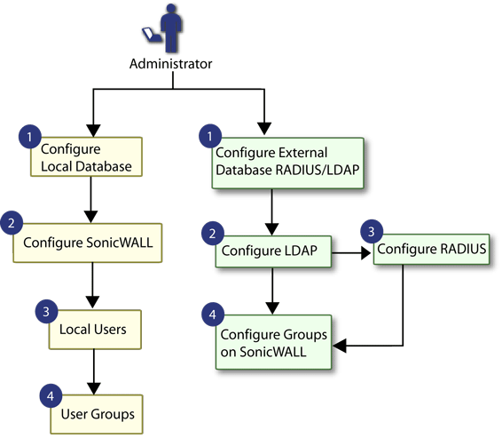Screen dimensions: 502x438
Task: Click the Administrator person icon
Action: [x=171, y=28]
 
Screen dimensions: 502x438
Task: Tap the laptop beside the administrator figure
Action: [x=151, y=35]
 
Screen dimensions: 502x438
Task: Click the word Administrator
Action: [x=170, y=64]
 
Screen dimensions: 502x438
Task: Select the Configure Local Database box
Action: [x=86, y=156]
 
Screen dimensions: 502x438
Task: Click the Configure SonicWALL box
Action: [x=88, y=243]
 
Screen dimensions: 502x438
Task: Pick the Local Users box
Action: [x=95, y=330]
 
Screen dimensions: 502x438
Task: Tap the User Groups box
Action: [x=97, y=414]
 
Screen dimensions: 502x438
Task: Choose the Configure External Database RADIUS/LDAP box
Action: [x=288, y=163]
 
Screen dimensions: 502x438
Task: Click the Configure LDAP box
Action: [x=273, y=251]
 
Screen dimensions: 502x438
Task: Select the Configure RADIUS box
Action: [x=432, y=249]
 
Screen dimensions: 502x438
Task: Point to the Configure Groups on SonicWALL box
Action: [x=274, y=342]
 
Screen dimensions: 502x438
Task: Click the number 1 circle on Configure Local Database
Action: [x=30, y=137]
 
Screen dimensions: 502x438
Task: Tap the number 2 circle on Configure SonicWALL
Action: [x=12, y=222]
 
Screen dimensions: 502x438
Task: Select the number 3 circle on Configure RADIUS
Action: [x=372, y=231]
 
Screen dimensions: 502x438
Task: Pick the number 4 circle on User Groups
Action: [x=51, y=396]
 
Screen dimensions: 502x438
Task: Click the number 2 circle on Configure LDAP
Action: [x=213, y=234]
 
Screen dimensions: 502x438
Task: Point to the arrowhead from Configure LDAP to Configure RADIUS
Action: [x=366, y=253]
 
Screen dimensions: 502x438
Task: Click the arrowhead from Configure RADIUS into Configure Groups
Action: [x=340, y=346]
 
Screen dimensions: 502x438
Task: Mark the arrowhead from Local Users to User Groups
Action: [x=94, y=388]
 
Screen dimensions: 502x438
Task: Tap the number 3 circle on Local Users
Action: [x=46, y=311]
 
